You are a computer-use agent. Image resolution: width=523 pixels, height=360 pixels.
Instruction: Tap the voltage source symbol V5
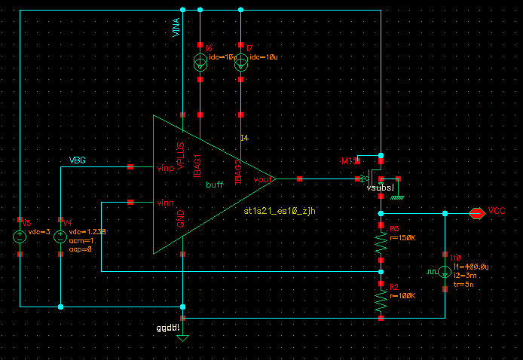20,236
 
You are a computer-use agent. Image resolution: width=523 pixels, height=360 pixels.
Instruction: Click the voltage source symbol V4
61,236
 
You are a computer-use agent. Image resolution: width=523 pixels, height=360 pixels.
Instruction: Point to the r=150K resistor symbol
381,243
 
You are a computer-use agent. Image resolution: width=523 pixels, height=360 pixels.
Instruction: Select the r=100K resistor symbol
381,301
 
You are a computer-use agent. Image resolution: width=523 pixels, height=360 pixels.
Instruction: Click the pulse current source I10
445,271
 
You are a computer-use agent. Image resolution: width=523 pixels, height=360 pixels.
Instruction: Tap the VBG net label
78,160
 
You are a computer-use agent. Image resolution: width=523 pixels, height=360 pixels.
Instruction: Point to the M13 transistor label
348,161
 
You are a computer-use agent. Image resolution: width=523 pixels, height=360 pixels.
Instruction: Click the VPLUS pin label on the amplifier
181,155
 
